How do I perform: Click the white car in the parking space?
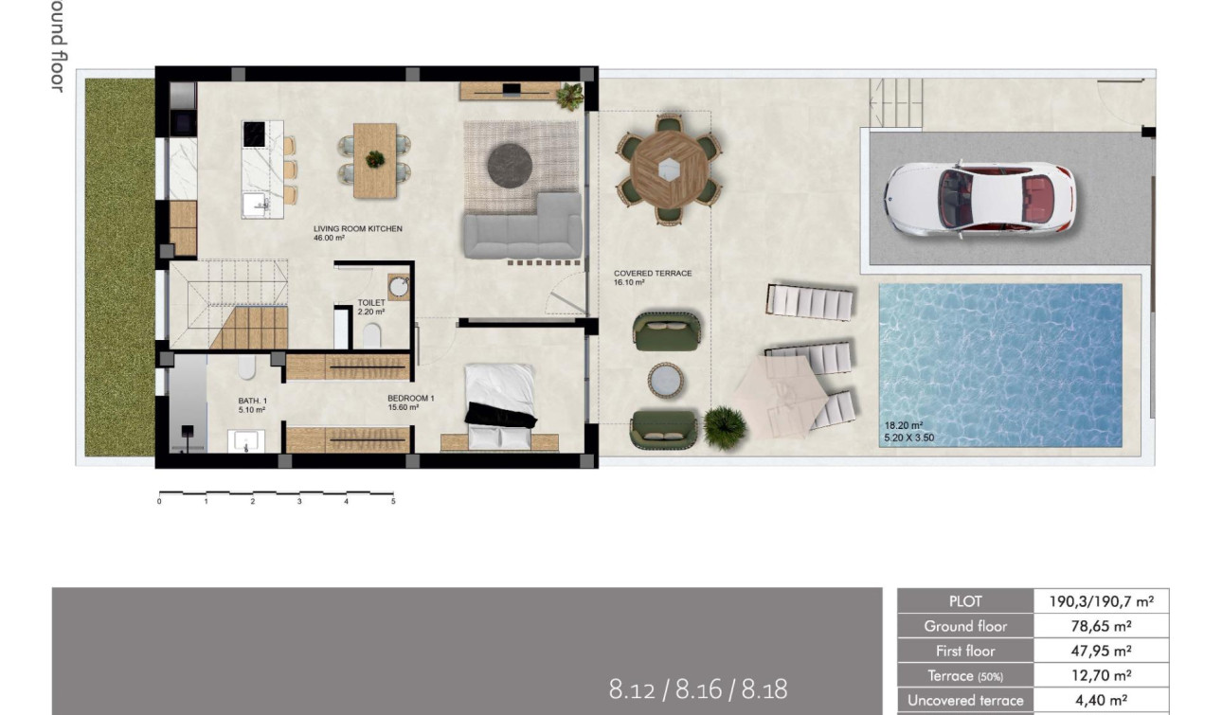(979, 198)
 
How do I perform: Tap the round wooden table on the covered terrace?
(669, 169)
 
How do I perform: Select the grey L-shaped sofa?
(523, 228)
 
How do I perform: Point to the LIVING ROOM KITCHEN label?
(358, 229)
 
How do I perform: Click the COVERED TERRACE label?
(653, 274)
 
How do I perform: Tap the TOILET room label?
(371, 303)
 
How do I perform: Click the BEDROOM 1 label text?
(410, 399)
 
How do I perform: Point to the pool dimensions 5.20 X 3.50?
(909, 438)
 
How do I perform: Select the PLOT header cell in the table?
(965, 601)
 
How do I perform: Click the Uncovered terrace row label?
(965, 701)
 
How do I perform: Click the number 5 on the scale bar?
(393, 502)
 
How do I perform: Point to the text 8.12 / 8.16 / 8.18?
(697, 689)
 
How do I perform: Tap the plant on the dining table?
(375, 158)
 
